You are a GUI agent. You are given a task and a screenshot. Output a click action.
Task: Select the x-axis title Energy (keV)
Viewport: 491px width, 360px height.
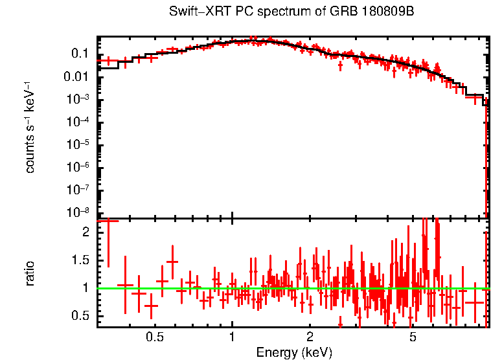click(294, 352)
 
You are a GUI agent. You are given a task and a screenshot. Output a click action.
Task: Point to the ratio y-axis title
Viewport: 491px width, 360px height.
click(30, 273)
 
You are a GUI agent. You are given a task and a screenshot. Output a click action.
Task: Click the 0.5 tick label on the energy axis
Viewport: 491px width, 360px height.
click(154, 337)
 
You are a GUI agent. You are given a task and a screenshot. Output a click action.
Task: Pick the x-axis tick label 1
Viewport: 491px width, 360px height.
click(232, 337)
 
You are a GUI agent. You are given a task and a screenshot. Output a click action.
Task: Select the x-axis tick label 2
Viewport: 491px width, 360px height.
click(310, 337)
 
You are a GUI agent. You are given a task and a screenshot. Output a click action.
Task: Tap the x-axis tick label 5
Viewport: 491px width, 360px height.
click(413, 337)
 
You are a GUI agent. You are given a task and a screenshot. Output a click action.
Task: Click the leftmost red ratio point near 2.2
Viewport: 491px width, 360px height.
click(108, 221)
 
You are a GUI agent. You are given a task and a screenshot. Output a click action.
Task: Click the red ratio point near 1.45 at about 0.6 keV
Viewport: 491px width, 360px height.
click(172, 262)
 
